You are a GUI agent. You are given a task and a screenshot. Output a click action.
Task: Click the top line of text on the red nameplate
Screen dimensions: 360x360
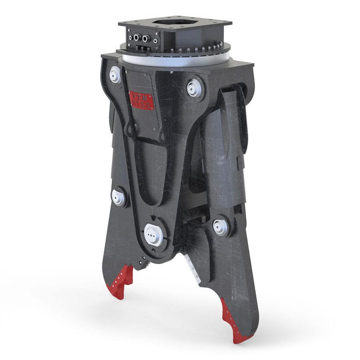[x=141, y=96]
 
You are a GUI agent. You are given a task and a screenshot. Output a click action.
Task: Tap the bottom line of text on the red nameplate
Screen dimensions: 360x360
[x=142, y=104]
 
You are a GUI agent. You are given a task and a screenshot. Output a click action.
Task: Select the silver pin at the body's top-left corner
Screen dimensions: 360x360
[x=115, y=74]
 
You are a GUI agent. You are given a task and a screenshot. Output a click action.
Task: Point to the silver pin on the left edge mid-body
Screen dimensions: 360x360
[x=119, y=197]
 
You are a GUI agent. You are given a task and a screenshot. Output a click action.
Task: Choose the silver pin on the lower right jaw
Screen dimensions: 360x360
[x=221, y=227]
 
